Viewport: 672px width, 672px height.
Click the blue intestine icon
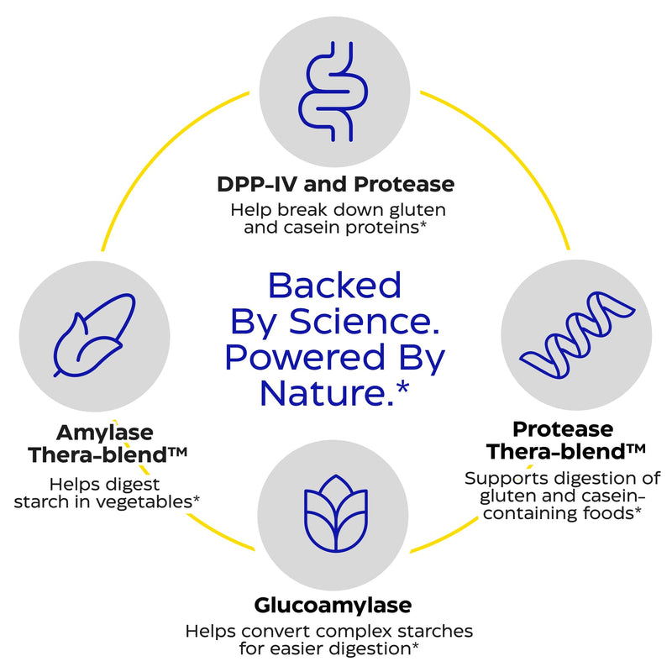333,92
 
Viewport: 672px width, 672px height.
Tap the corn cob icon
94,335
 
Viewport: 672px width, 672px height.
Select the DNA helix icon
577,334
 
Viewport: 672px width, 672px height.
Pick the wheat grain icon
335,513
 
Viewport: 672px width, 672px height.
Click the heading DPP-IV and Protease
335,184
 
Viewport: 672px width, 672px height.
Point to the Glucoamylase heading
333,605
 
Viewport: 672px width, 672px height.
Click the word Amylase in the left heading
104,433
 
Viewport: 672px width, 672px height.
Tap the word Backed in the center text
334,285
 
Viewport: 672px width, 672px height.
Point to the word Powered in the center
305,357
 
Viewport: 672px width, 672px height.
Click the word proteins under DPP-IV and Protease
386,228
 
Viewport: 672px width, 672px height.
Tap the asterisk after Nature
403,388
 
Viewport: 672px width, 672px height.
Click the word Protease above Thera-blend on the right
563,429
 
